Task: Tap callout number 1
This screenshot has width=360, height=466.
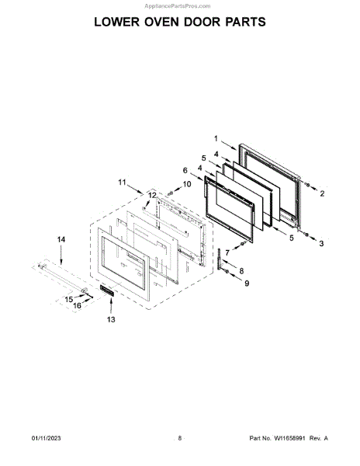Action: pos(216,138)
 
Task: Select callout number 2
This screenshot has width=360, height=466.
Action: pos(322,193)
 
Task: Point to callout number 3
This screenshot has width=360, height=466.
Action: pos(321,244)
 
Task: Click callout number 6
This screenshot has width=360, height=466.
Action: pos(185,171)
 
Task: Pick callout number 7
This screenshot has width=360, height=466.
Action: pos(227,253)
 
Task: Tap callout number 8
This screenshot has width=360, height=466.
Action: pos(241,271)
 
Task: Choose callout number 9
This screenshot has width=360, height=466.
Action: pos(247,283)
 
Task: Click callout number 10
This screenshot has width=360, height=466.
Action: pos(187,184)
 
